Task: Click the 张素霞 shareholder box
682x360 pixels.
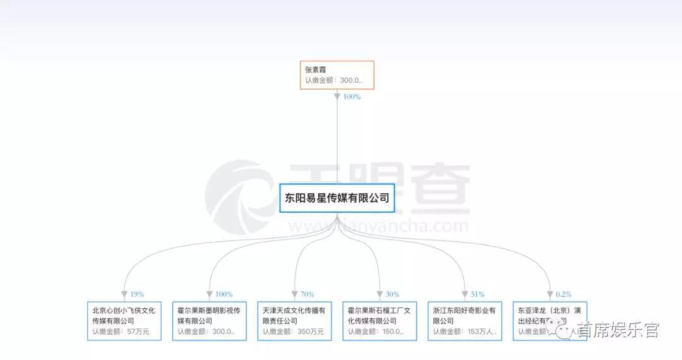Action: (x=337, y=75)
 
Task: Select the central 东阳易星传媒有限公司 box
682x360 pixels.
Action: (x=337, y=198)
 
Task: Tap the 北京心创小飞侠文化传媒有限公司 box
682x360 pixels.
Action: (x=124, y=320)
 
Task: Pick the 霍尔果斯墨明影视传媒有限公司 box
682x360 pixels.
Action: (x=209, y=320)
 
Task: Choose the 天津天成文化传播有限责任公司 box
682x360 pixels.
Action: (x=294, y=320)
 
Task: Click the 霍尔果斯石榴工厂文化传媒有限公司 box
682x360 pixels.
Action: (x=380, y=320)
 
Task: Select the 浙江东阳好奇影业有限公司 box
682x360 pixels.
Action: (x=465, y=320)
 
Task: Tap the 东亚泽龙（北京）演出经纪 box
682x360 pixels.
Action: (x=549, y=320)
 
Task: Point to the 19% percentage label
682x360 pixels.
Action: (x=137, y=294)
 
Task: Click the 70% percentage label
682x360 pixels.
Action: (x=307, y=294)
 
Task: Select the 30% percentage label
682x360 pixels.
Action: (x=392, y=294)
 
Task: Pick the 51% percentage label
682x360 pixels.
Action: (x=477, y=294)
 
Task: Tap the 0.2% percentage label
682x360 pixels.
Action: (x=564, y=294)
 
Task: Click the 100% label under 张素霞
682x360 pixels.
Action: (x=352, y=97)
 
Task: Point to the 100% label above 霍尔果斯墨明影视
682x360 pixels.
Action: (x=224, y=294)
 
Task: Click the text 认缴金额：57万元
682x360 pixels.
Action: (x=121, y=331)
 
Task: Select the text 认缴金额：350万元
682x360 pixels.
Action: (x=293, y=331)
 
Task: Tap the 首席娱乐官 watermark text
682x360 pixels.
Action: (x=618, y=330)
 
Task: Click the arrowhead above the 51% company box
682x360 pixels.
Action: (x=465, y=295)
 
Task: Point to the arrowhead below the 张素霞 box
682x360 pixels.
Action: (x=337, y=97)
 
